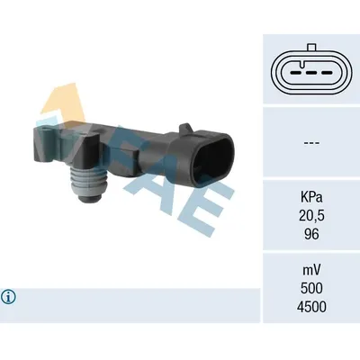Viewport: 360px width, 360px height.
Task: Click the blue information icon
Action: [10, 296]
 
